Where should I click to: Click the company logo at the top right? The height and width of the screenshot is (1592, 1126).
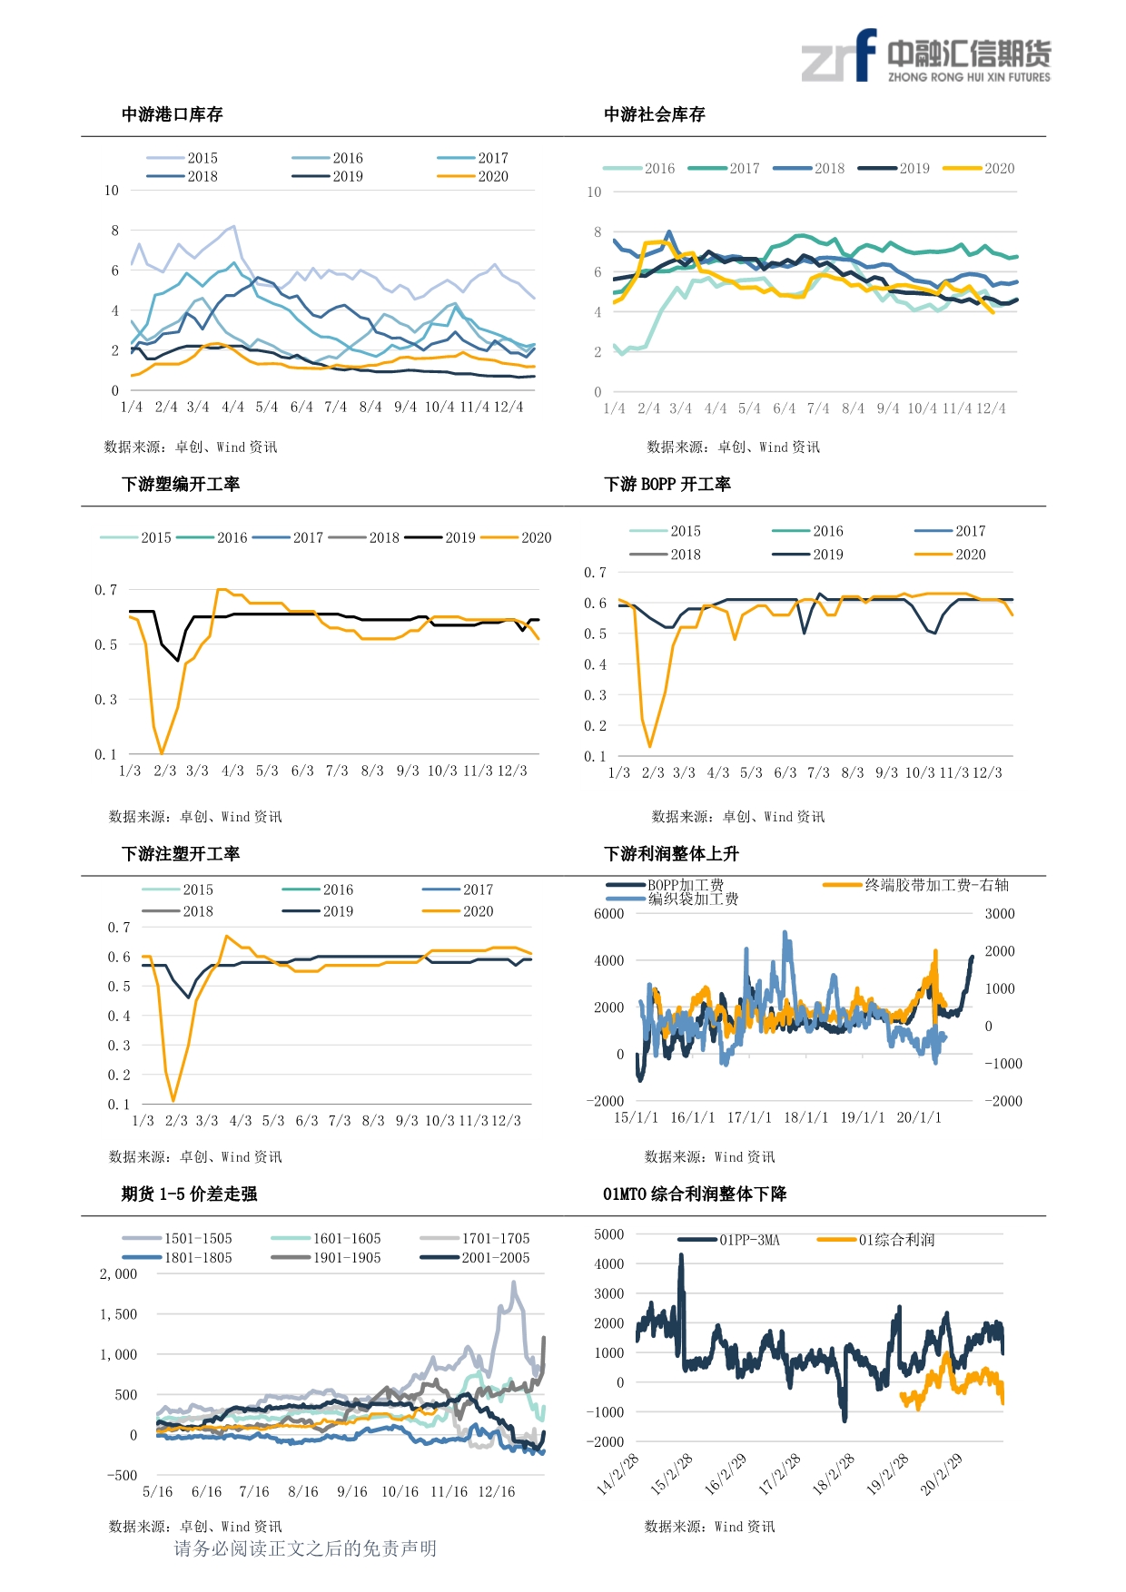pos(925,56)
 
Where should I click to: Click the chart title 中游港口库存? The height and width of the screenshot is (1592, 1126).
pos(172,114)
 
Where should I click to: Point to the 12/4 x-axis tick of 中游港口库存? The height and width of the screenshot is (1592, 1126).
pos(509,407)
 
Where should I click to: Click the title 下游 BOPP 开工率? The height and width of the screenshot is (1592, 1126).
pos(667,484)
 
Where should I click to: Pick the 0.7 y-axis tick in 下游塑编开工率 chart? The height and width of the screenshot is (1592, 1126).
pos(106,590)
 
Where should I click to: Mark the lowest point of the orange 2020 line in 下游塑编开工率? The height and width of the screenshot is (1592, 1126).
pos(162,753)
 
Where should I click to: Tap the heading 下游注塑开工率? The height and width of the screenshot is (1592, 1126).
pos(181,853)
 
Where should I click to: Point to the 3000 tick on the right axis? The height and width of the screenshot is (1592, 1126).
pos(1000,914)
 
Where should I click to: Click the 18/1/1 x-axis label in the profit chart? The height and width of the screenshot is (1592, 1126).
pos(806,1117)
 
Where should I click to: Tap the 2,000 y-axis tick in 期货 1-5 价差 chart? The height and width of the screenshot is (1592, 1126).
pos(119,1274)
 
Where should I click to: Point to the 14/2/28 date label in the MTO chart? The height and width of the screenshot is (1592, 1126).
pos(618,1474)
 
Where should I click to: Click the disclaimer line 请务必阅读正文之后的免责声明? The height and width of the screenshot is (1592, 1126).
pos(305,1548)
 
